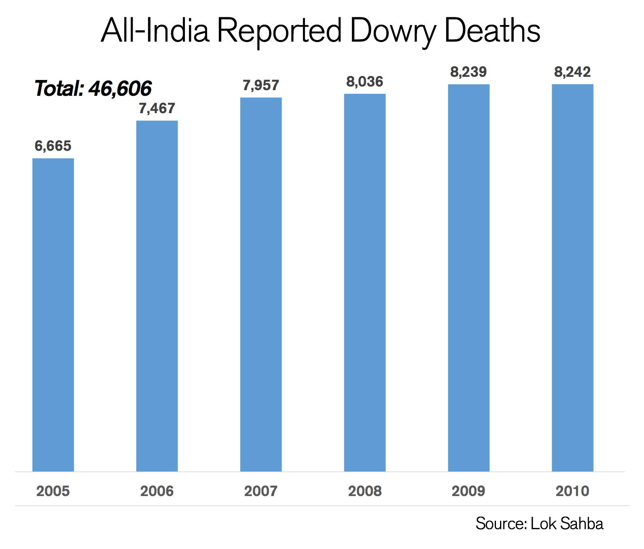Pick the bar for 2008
(365, 283)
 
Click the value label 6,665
(53, 146)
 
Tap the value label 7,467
(157, 108)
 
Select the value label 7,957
(261, 85)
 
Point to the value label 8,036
(365, 82)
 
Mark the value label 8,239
(468, 72)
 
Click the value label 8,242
(572, 72)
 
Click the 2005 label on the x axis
(53, 491)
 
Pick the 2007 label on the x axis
(261, 491)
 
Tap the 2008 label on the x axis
(365, 491)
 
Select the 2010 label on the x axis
(572, 491)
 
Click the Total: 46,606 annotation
(93, 88)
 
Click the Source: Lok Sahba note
(539, 524)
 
